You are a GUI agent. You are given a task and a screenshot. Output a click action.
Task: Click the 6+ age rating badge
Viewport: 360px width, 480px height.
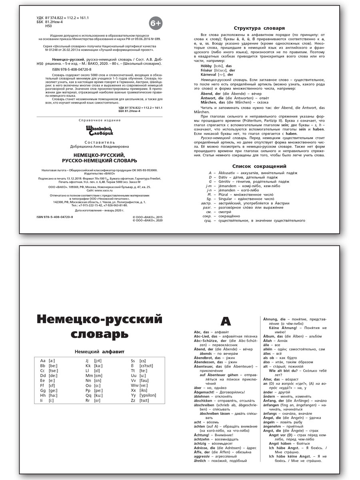(x=156, y=24)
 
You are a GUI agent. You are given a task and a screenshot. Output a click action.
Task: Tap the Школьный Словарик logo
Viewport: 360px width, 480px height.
(x=100, y=130)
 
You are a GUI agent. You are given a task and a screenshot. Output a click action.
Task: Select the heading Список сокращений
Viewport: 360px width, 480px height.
(x=259, y=166)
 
